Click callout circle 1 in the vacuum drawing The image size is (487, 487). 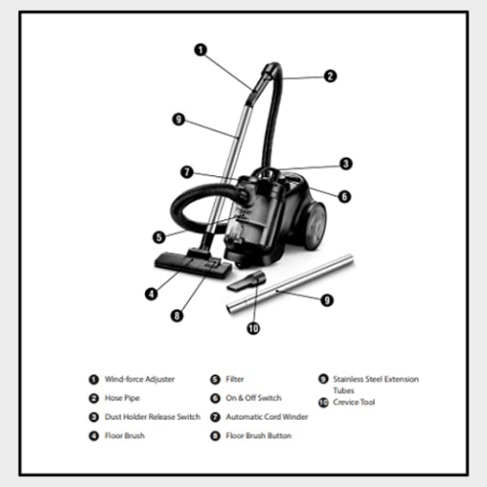pos(201,50)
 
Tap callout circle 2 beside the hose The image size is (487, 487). pos(330,76)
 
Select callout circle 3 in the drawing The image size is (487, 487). pos(346,164)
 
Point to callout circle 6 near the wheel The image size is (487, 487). pos(345,197)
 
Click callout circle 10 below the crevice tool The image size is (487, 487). pos(253,328)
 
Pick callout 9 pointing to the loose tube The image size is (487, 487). pos(327,300)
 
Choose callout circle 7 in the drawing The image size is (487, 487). pos(187,171)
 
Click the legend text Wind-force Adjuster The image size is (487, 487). pos(139,379)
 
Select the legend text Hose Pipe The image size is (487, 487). pos(122,398)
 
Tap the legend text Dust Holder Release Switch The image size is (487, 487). pos(152,417)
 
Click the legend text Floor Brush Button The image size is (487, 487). pos(258,435)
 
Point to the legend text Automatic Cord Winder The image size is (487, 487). pos(267,417)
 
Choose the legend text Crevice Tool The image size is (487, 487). pos(354,402)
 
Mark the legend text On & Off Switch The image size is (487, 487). pos(253,398)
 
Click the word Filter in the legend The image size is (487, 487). pos(235,379)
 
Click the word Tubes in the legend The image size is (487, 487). pos(344,391)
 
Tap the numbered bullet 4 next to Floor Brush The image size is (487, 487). pos(94,435)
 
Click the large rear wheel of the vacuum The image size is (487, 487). pos(313,226)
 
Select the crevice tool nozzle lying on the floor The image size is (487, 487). pos(246,281)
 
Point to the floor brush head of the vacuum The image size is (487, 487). pos(193,265)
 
